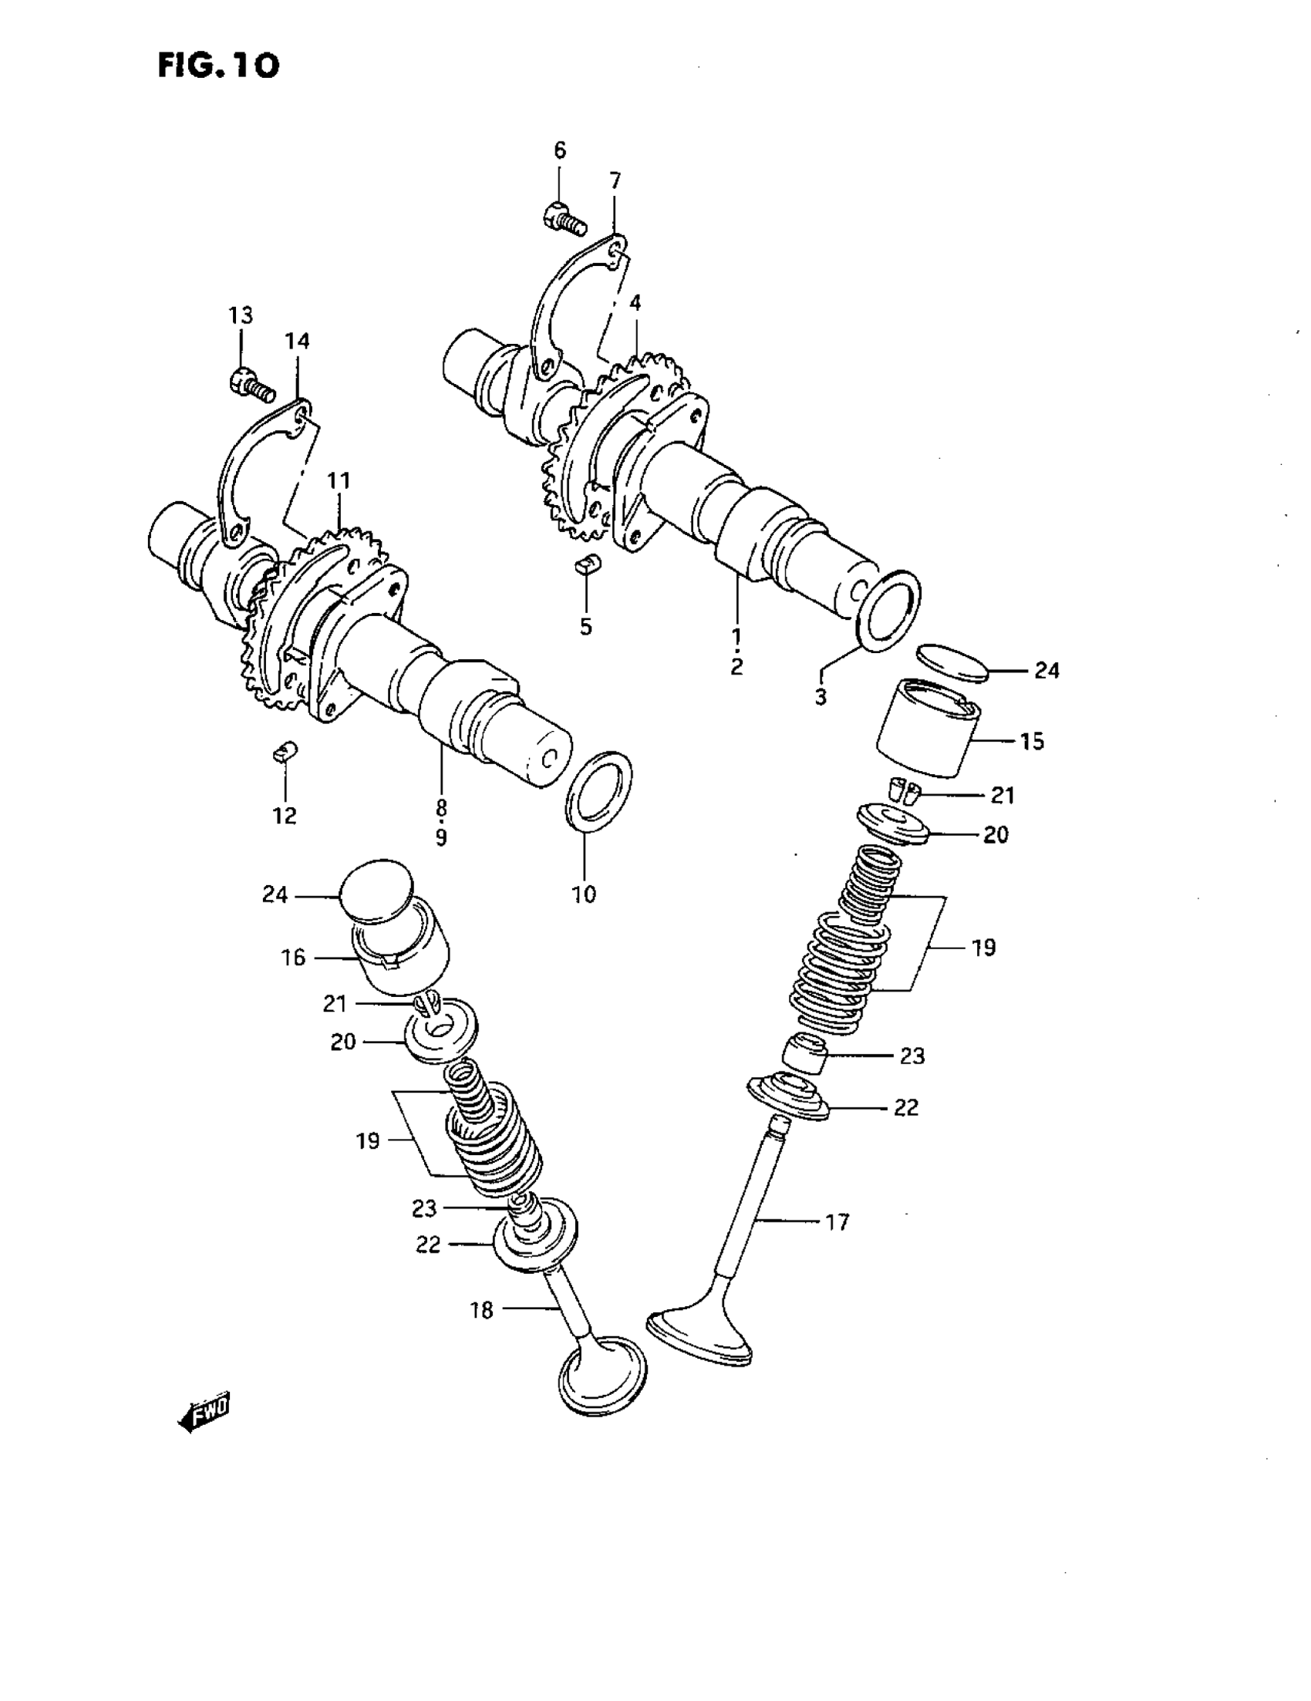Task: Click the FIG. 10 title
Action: [218, 66]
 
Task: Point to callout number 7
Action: [615, 181]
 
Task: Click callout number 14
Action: [297, 341]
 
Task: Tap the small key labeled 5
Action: [588, 564]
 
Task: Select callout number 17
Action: [837, 1222]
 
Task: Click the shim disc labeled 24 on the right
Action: [952, 662]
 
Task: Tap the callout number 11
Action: [339, 481]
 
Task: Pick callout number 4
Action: [635, 303]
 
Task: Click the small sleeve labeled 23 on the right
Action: [805, 1054]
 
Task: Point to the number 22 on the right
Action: [906, 1106]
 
